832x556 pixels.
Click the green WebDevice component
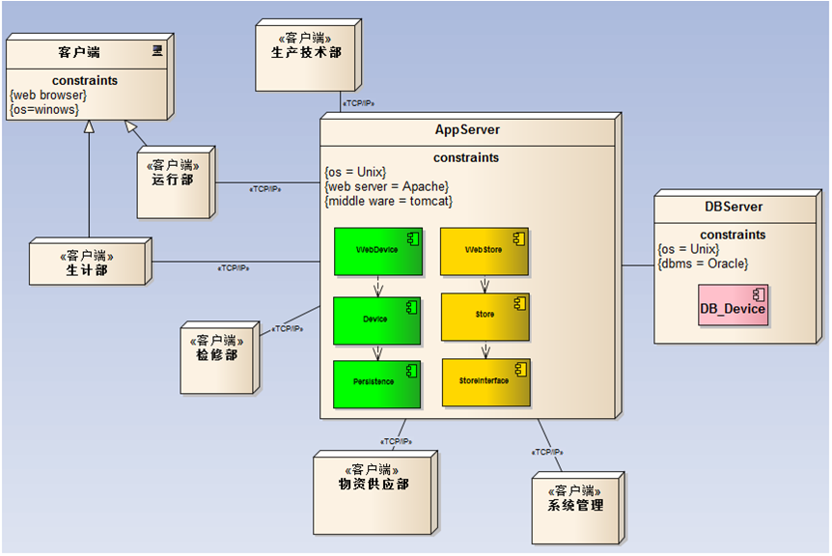(377, 251)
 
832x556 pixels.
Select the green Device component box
(377, 320)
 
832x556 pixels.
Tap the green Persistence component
(377, 383)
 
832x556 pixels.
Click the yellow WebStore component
(485, 251)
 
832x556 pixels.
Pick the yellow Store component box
(485, 316)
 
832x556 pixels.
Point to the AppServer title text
(467, 130)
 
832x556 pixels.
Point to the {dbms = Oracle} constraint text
(702, 264)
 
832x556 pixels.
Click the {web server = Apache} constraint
(387, 186)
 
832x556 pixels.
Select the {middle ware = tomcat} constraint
(389, 201)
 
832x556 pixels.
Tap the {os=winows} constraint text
(44, 109)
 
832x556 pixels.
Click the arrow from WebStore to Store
(485, 285)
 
